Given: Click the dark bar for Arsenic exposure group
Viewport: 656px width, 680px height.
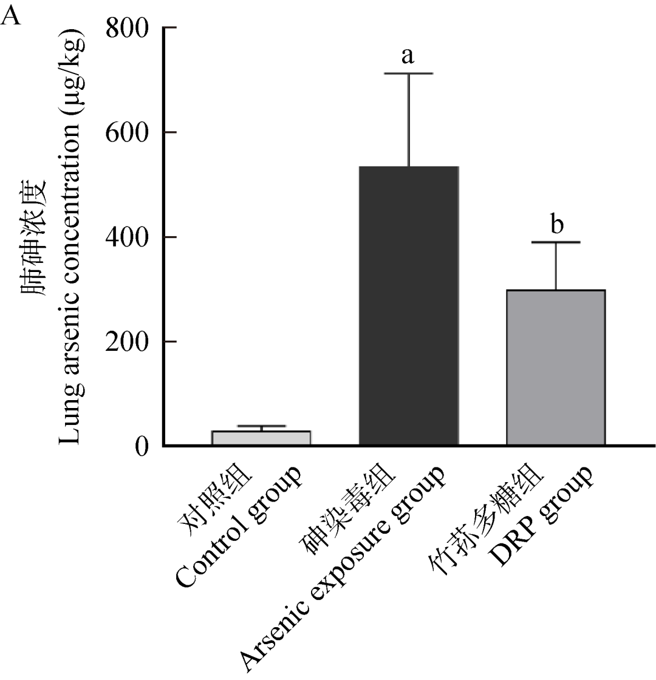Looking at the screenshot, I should tap(408, 306).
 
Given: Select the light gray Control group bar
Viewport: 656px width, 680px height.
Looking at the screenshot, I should tap(261, 438).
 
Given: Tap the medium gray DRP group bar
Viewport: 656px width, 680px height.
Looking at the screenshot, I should tap(556, 368).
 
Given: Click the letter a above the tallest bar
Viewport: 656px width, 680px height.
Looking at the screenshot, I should tap(408, 56).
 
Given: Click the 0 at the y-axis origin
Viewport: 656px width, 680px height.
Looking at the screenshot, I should tap(142, 446).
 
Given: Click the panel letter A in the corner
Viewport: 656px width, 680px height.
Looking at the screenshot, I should tap(12, 15).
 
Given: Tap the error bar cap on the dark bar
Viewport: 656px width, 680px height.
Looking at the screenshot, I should tap(408, 73).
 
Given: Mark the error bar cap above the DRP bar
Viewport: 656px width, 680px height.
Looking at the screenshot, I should tap(556, 242).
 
